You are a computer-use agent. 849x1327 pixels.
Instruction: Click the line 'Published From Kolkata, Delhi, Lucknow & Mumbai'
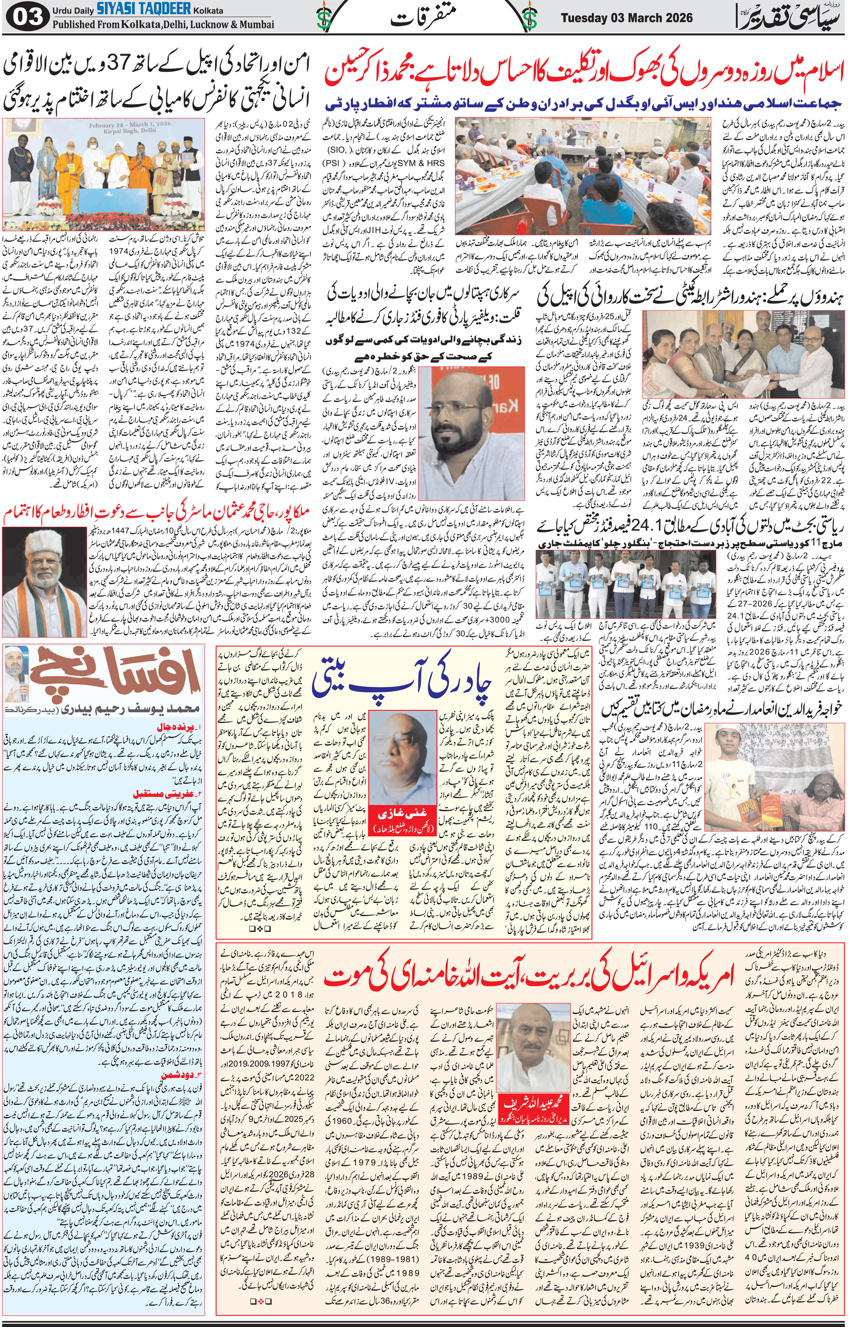pos(163,25)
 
